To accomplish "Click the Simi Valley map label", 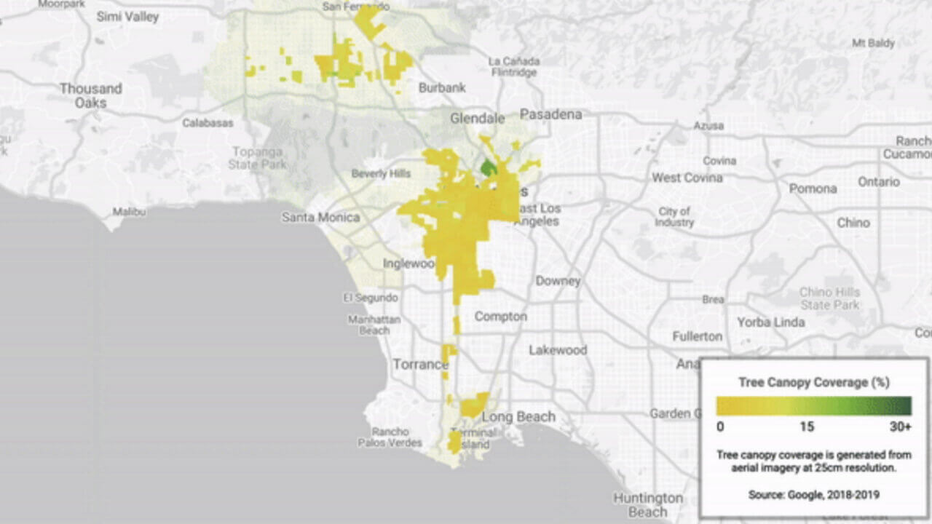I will (127, 16).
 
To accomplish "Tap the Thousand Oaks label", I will (90, 95).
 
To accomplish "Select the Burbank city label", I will (442, 88).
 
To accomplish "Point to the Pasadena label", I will (550, 114).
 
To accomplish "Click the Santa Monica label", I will (320, 217).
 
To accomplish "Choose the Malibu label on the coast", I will (129, 212).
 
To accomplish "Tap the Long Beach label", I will (518, 417).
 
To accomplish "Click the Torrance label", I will (420, 364).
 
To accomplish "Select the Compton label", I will (500, 317).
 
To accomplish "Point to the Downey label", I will (558, 281).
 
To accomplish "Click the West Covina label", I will (687, 178).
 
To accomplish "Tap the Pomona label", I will (813, 188).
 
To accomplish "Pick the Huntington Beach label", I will (647, 505).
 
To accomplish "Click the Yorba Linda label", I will (770, 322).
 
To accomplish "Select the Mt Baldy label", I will (873, 44).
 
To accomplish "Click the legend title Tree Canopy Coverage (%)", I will (813, 382).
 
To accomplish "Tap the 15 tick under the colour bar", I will (807, 426).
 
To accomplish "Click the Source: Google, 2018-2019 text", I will (813, 495).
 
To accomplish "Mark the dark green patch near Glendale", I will (489, 168).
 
